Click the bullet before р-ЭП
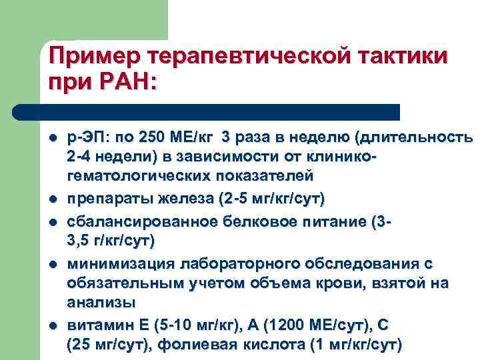[x=52, y=138]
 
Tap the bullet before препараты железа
[x=52, y=199]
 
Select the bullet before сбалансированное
[x=52, y=220]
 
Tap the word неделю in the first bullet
[x=324, y=137]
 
